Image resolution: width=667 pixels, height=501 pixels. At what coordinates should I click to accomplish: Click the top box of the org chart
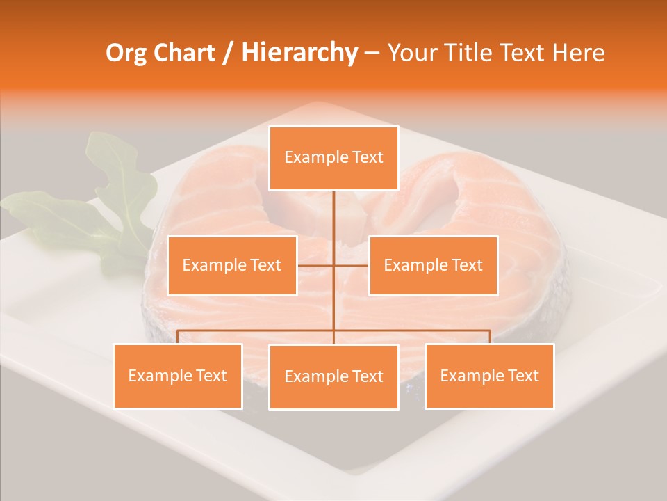[x=333, y=158]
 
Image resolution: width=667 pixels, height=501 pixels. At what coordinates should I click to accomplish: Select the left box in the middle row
[x=232, y=265]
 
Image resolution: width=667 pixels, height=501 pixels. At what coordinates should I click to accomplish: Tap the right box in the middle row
[x=433, y=265]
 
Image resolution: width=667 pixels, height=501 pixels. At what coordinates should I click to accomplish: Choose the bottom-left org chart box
[x=178, y=376]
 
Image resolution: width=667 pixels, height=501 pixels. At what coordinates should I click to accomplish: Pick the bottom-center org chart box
[x=333, y=377]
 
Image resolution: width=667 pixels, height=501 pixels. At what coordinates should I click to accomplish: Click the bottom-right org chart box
[x=489, y=376]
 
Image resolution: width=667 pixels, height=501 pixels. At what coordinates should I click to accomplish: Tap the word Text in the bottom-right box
[x=522, y=376]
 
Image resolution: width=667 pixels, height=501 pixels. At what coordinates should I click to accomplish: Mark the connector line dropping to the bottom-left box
[x=178, y=337]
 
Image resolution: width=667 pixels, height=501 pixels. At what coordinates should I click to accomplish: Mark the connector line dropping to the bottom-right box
[x=490, y=337]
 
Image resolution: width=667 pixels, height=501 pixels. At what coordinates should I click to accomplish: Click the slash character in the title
[x=229, y=53]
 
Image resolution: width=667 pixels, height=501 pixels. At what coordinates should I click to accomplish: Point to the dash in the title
[x=372, y=53]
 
